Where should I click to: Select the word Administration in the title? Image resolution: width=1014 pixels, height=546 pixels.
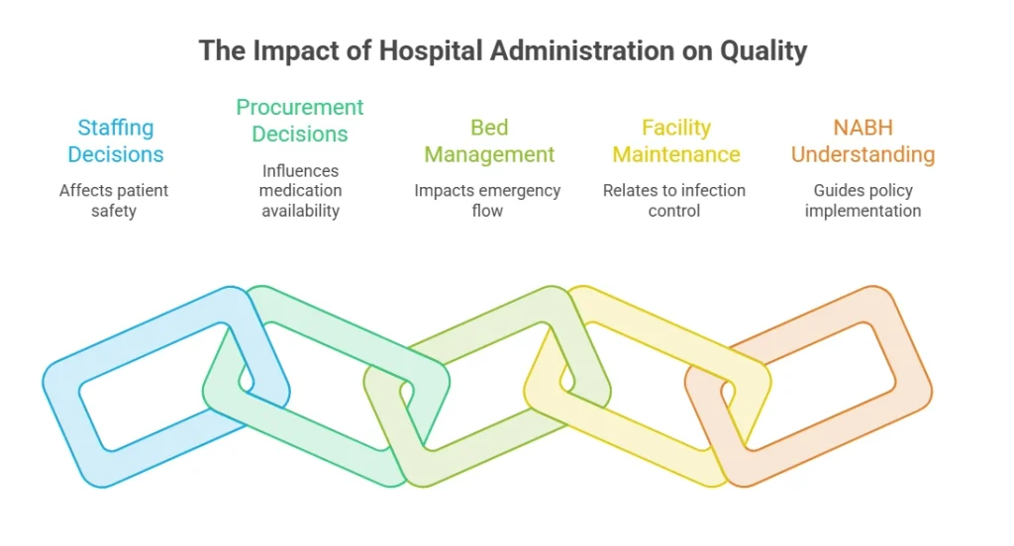pos(581,51)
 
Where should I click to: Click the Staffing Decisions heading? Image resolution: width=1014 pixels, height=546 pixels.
pos(116,140)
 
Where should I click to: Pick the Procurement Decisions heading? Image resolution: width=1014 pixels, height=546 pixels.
pos(300,121)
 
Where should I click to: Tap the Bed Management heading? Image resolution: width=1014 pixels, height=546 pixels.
pos(489,140)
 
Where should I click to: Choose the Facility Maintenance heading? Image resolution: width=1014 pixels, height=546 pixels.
pos(675,140)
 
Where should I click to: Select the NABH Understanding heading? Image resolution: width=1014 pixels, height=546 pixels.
pos(862,140)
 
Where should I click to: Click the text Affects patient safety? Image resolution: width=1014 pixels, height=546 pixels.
pos(114,201)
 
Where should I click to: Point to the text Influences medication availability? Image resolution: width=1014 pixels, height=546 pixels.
pos(300,191)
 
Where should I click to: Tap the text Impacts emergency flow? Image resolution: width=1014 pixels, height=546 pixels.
pos(487,201)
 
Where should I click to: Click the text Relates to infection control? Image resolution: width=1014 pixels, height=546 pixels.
pos(674,201)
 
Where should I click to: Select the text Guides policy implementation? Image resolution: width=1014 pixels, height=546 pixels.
pos(862,201)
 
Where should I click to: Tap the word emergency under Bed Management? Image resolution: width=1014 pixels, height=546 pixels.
pos(519,191)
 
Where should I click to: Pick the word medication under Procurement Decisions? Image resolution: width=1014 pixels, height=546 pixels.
pos(300,191)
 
